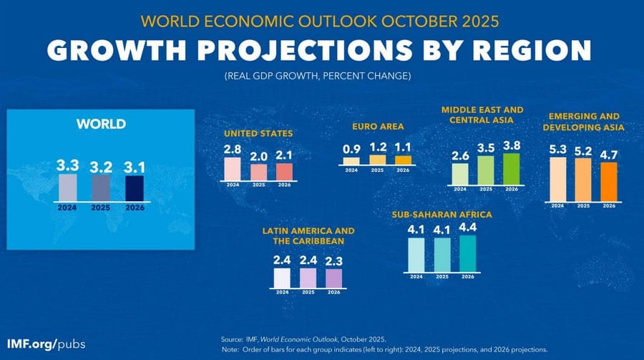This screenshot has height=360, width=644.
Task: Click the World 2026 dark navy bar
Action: pos(135,188)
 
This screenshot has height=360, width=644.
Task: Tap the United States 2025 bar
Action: pos(258,172)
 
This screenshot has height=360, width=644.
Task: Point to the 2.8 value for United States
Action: pos(233,150)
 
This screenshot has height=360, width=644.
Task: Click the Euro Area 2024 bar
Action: pos(351,160)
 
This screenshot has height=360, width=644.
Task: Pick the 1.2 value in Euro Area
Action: pos(378,147)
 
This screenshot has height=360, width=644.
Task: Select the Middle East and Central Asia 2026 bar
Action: pos(512,169)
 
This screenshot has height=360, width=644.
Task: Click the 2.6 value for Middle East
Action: pos(460,155)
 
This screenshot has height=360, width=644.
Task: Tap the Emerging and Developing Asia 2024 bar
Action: pos(557,179)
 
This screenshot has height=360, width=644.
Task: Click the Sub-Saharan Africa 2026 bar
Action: pos(467,253)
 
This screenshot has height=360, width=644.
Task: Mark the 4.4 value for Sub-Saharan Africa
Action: pos(467,228)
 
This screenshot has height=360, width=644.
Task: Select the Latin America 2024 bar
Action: pos(282,278)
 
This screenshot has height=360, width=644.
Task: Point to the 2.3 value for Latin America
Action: pos(334,261)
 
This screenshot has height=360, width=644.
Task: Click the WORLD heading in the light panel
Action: pos(101,125)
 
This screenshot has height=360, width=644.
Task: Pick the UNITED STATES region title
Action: pos(258,134)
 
